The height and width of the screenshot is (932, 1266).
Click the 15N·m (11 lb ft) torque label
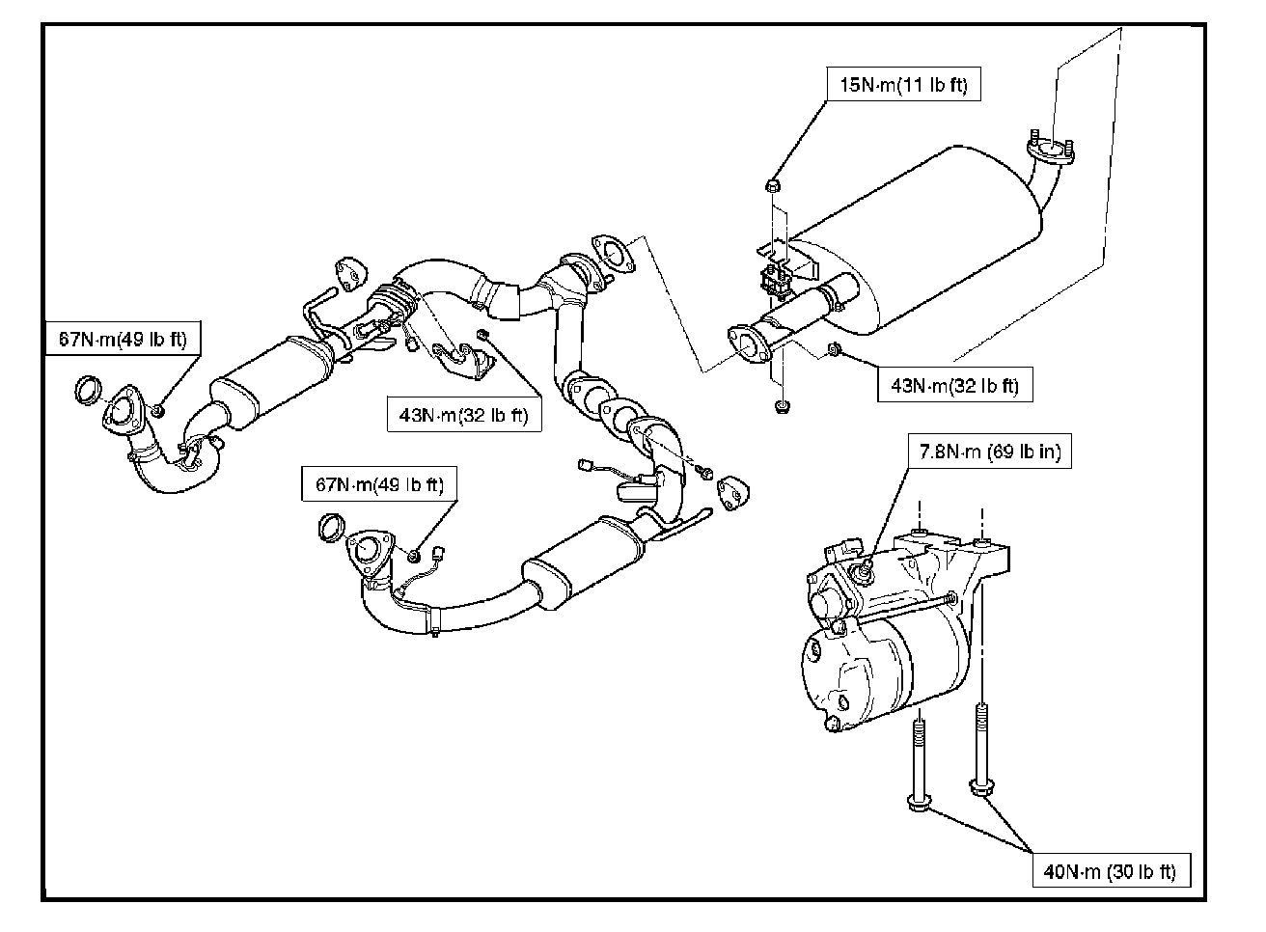tap(903, 84)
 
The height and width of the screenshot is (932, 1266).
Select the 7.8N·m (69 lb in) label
tap(990, 451)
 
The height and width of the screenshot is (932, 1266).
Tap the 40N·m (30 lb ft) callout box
tap(1112, 871)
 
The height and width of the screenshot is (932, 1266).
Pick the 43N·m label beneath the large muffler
tap(954, 385)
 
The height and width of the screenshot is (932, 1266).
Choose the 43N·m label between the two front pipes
tap(464, 415)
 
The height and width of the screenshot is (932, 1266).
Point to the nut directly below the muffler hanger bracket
tap(781, 406)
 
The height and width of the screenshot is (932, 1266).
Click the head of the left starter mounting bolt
tap(920, 803)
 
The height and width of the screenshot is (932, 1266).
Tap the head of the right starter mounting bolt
tap(981, 785)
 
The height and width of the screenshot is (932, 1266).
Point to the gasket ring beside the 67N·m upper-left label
tap(88, 390)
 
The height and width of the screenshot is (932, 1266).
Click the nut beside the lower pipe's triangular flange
tap(414, 556)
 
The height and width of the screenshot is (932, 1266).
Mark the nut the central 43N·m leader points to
tap(482, 335)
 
